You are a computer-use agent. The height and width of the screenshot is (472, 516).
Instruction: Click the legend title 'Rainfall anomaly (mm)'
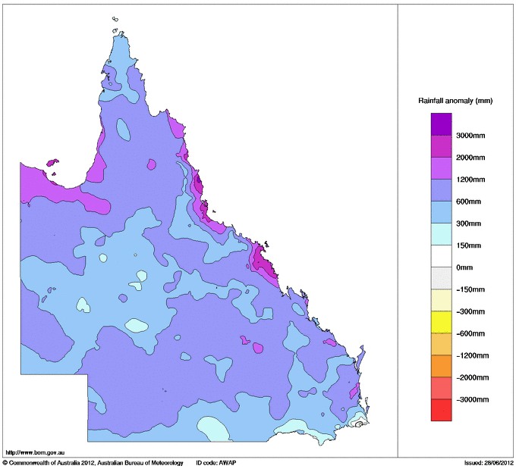[x=455, y=100]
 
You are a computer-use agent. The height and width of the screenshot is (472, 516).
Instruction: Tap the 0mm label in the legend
[x=464, y=267]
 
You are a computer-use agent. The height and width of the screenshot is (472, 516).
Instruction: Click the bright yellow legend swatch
[x=441, y=322]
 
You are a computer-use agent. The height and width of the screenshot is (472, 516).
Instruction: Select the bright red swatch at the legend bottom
[x=441, y=410]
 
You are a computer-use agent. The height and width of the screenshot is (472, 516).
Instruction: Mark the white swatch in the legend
[x=441, y=256]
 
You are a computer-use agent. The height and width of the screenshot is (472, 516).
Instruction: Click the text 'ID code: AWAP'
[x=216, y=462]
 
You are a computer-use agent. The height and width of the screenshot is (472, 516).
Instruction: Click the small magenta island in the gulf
[x=52, y=162]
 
